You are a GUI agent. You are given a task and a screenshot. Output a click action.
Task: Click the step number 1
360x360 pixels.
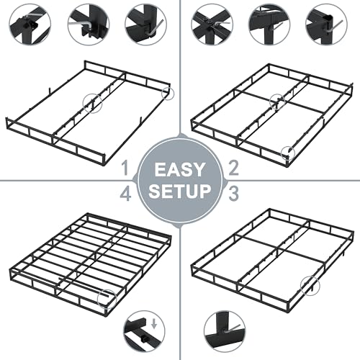coord(126,169)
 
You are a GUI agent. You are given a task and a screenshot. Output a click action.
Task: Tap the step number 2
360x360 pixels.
coord(233,169)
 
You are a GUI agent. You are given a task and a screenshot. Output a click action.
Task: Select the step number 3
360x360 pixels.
coord(233,192)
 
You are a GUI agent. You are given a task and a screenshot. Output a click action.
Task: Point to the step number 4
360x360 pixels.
coord(126,193)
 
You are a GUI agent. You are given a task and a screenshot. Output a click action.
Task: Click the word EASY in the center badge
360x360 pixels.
coord(180,170)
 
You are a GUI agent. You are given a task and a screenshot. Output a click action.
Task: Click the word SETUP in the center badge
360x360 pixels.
coord(180,192)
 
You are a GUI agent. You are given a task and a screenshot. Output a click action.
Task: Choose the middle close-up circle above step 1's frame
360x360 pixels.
coord(89,24)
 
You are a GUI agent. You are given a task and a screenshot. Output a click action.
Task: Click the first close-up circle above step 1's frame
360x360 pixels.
coord(29,24)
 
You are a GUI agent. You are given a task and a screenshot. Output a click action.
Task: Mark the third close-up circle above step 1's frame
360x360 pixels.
coord(146,24)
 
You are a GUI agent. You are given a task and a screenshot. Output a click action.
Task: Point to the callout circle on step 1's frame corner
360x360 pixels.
coord(168,94)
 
